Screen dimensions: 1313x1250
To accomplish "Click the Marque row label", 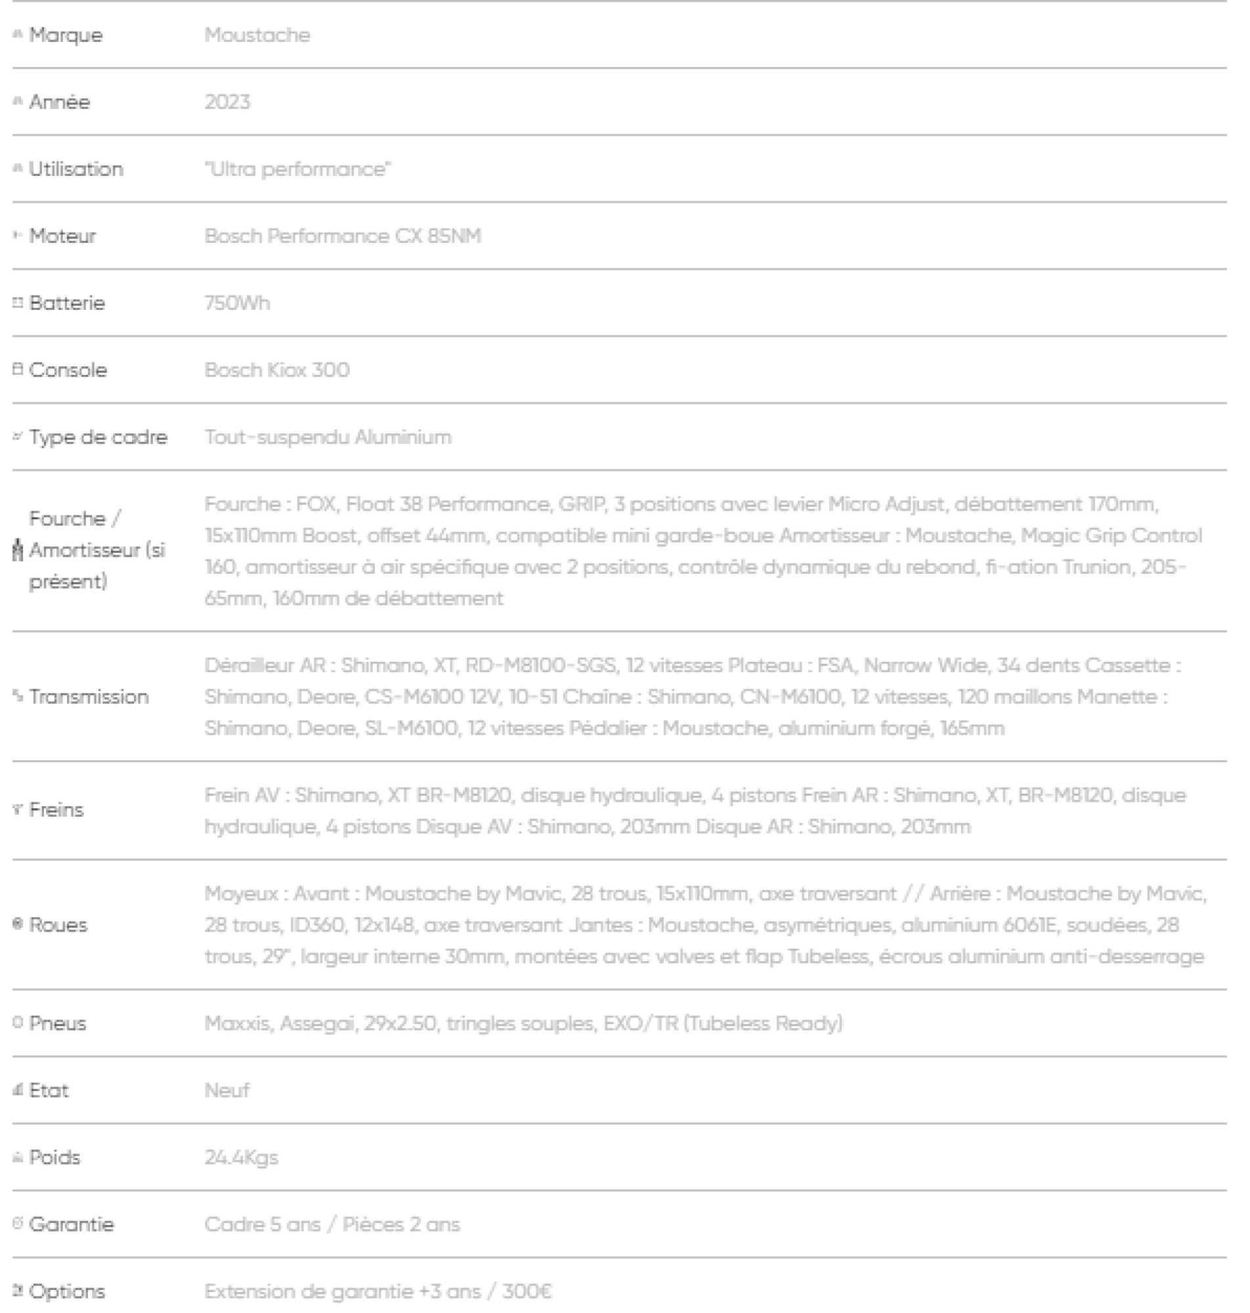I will pyautogui.click(x=65, y=35).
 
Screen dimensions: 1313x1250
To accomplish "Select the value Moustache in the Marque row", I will pyautogui.click(x=257, y=35).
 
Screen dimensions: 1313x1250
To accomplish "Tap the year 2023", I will pyautogui.click(x=227, y=102).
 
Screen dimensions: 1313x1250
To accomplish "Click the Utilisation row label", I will pyautogui.click(x=76, y=169).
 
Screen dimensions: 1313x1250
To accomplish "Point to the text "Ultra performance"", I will pyautogui.click(x=297, y=169).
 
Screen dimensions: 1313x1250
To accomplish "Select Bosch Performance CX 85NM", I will pyautogui.click(x=343, y=236).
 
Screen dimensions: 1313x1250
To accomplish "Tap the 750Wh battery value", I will pyautogui.click(x=237, y=303).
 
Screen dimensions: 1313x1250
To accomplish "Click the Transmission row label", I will pyautogui.click(x=89, y=697).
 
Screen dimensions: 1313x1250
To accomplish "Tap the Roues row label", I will pyautogui.click(x=58, y=925).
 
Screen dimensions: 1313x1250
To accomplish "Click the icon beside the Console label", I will pyautogui.click(x=18, y=370).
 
